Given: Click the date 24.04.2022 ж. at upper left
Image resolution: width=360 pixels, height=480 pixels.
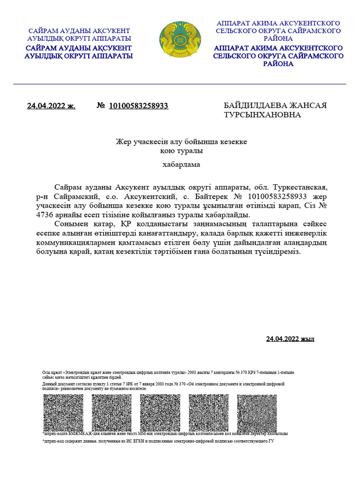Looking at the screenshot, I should tap(51, 106).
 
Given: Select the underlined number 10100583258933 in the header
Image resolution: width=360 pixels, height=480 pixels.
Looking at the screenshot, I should tap(138, 106).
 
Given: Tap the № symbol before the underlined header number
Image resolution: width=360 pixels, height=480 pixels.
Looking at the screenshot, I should tap(100, 106).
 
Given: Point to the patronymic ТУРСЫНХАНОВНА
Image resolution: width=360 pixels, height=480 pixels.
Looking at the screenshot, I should tap(262, 115).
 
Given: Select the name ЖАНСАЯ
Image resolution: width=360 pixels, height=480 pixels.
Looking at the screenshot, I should tap(309, 105).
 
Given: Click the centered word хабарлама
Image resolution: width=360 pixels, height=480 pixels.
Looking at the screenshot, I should tap(180, 165).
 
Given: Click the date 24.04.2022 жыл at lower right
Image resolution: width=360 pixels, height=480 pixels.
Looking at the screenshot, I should tap(290, 339).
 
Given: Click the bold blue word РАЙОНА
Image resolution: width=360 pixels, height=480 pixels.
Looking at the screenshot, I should tap(278, 64).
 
